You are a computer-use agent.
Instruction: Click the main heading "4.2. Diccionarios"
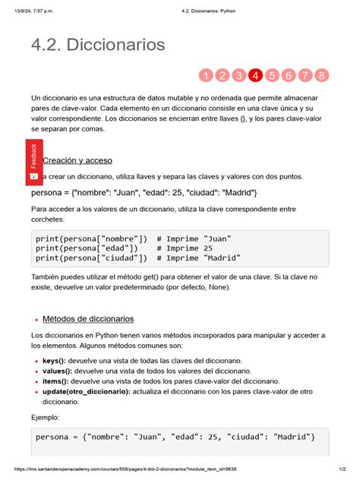98,45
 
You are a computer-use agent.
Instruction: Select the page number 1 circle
205,75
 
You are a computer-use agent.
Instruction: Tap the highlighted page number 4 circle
255,75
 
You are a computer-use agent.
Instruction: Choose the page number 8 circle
322,75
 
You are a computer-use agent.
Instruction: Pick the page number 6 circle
289,75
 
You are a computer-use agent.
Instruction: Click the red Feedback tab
33,161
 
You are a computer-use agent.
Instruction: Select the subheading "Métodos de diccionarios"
88,319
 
